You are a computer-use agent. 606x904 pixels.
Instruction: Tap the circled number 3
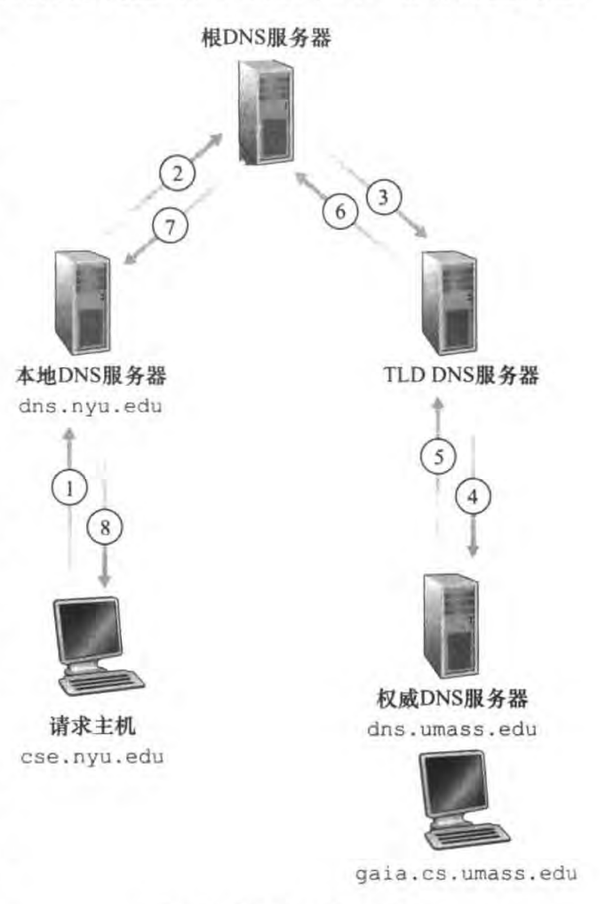tap(383, 197)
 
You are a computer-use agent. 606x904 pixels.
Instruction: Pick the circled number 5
tap(437, 456)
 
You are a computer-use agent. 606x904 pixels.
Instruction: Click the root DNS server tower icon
tap(266, 108)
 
